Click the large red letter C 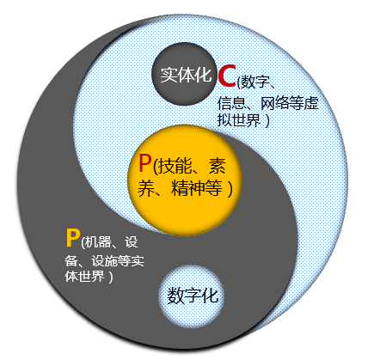pos(227,76)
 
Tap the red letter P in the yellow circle pos(144,163)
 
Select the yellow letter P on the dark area pos(72,237)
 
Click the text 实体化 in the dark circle pos(186,75)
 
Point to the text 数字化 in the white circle pos(193,296)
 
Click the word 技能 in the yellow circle pos(175,166)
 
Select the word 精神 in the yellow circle pos(188,188)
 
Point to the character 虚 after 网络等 pos(311,103)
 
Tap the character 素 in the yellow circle pos(218,166)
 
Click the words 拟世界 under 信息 pos(238,120)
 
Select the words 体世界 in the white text pos(84,277)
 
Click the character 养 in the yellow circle pos(146,188)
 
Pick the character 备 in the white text pos(71,260)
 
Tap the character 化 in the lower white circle pos(210,296)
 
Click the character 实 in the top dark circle pos(169,75)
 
